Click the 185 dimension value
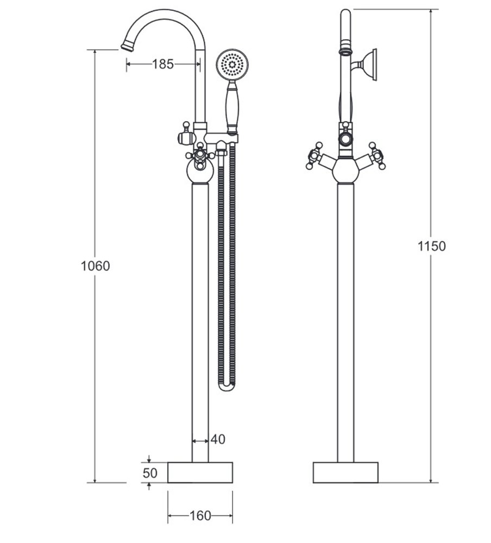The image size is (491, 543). (163, 64)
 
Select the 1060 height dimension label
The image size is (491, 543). (95, 266)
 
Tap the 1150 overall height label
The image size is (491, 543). (432, 246)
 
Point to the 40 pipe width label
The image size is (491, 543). (217, 439)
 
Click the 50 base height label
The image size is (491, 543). (150, 473)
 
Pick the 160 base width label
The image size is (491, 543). (200, 516)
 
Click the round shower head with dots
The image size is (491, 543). (232, 65)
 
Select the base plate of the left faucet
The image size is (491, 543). (200, 472)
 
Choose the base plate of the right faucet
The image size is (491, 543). (345, 472)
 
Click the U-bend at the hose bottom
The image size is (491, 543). (227, 386)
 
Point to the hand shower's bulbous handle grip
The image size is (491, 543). (232, 106)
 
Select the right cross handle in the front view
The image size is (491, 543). (376, 157)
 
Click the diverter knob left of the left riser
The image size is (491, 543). (186, 134)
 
